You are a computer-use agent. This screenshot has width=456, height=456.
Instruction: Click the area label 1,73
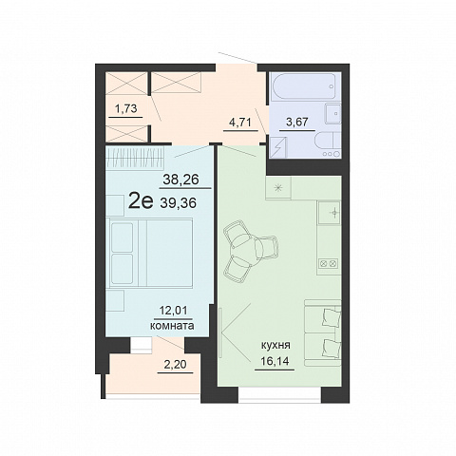(x=126, y=109)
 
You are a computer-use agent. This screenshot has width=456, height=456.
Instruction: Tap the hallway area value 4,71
(x=240, y=122)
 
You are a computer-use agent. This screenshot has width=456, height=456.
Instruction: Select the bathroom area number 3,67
(x=296, y=122)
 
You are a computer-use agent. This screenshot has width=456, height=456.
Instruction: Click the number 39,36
(x=179, y=202)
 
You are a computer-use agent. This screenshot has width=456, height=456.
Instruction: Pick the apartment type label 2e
(x=141, y=201)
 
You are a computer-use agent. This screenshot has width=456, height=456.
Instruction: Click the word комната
(x=172, y=326)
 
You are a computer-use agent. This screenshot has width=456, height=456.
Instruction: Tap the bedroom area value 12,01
(x=173, y=311)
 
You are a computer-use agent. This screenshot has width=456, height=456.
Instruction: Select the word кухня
(x=275, y=346)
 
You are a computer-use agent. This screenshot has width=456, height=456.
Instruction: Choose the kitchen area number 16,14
(x=275, y=361)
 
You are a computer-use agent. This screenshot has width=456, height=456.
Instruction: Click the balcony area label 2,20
(x=175, y=365)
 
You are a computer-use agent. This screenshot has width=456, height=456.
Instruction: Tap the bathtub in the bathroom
(x=305, y=86)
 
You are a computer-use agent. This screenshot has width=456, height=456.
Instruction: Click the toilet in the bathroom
(x=328, y=144)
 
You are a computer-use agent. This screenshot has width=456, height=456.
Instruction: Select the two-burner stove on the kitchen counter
(x=329, y=263)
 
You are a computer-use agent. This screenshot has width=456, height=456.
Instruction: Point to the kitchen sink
(x=330, y=213)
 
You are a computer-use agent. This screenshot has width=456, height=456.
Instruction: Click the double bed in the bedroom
(x=149, y=253)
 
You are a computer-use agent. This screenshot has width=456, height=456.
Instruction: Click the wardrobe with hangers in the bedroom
(x=135, y=158)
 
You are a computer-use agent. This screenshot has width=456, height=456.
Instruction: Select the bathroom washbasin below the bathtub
(x=333, y=113)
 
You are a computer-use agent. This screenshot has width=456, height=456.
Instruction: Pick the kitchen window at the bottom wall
(x=279, y=394)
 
